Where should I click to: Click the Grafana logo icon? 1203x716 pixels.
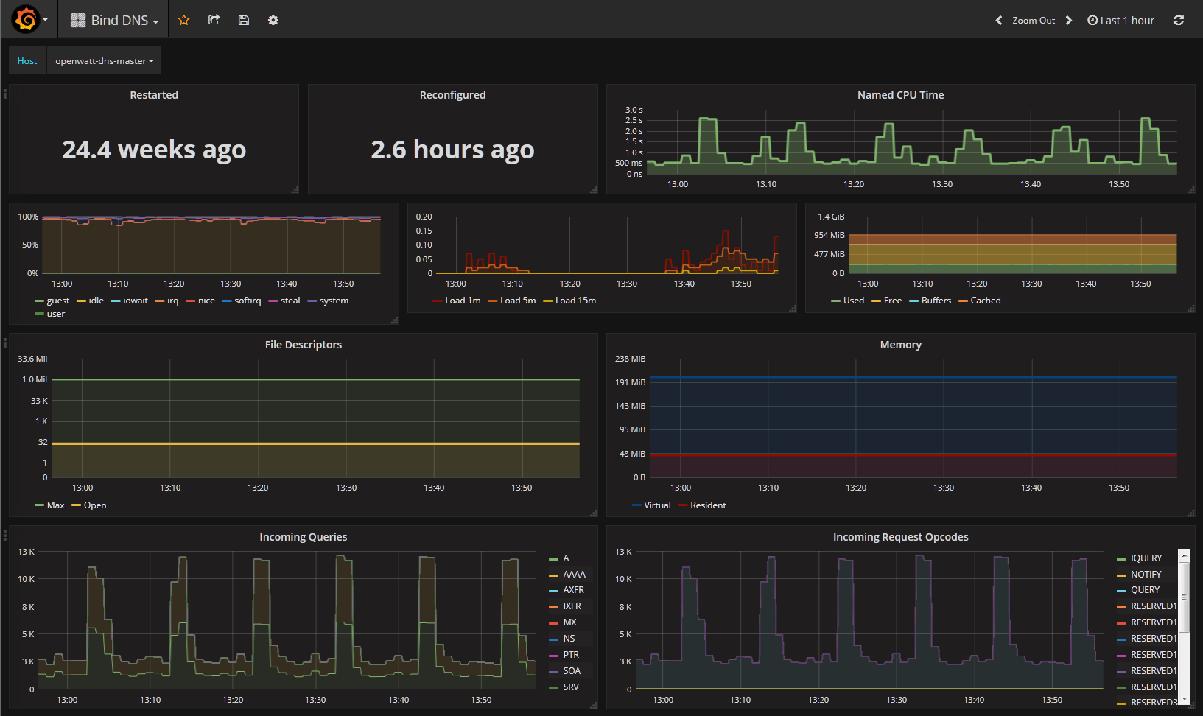tap(26, 19)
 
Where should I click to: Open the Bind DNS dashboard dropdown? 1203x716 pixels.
tap(114, 21)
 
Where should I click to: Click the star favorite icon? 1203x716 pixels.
tap(183, 20)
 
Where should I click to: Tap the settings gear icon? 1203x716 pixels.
tap(273, 20)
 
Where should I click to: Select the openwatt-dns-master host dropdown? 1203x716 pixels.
tap(104, 60)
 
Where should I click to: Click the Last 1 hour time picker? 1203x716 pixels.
tap(1120, 21)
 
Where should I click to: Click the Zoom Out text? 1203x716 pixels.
tap(1034, 21)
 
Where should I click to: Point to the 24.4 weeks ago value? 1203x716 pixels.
tap(154, 150)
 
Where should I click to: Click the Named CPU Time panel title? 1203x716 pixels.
tap(901, 94)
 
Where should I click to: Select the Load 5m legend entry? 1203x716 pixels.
tap(512, 301)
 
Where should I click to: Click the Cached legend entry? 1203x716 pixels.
tap(980, 301)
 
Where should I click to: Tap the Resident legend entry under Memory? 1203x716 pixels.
tap(702, 505)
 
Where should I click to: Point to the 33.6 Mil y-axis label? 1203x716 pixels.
tap(32, 359)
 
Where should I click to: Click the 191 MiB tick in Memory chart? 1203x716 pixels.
tap(630, 382)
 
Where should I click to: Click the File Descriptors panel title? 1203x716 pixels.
tap(304, 344)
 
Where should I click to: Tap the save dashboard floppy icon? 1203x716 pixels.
tap(243, 20)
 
